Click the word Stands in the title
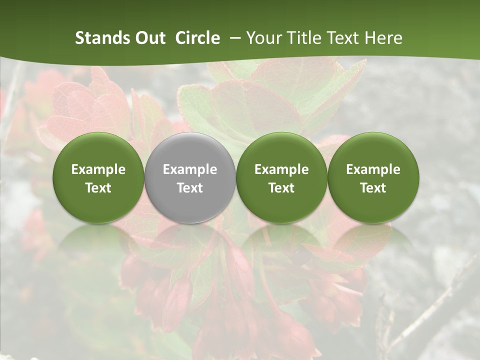pyautogui.click(x=102, y=38)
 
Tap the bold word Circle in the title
pyautogui.click(x=197, y=38)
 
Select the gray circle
pyautogui.click(x=190, y=177)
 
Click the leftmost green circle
pyautogui.click(x=98, y=177)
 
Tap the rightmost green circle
pyautogui.click(x=373, y=177)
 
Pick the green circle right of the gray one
pyautogui.click(x=281, y=177)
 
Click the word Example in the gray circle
pyautogui.click(x=190, y=169)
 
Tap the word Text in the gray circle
pyautogui.click(x=190, y=188)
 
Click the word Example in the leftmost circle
pyautogui.click(x=98, y=169)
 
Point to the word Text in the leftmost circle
pyautogui.click(x=98, y=188)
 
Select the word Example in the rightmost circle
pyautogui.click(x=373, y=169)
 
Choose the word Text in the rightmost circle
pyautogui.click(x=373, y=188)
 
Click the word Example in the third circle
pyautogui.click(x=281, y=169)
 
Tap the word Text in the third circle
pyautogui.click(x=281, y=188)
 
